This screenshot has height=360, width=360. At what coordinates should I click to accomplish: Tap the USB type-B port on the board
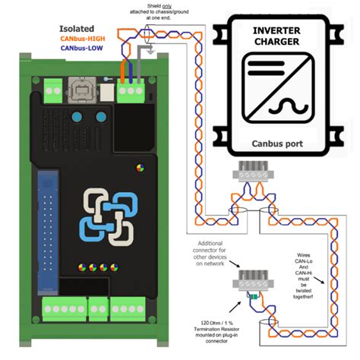click(81, 93)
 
